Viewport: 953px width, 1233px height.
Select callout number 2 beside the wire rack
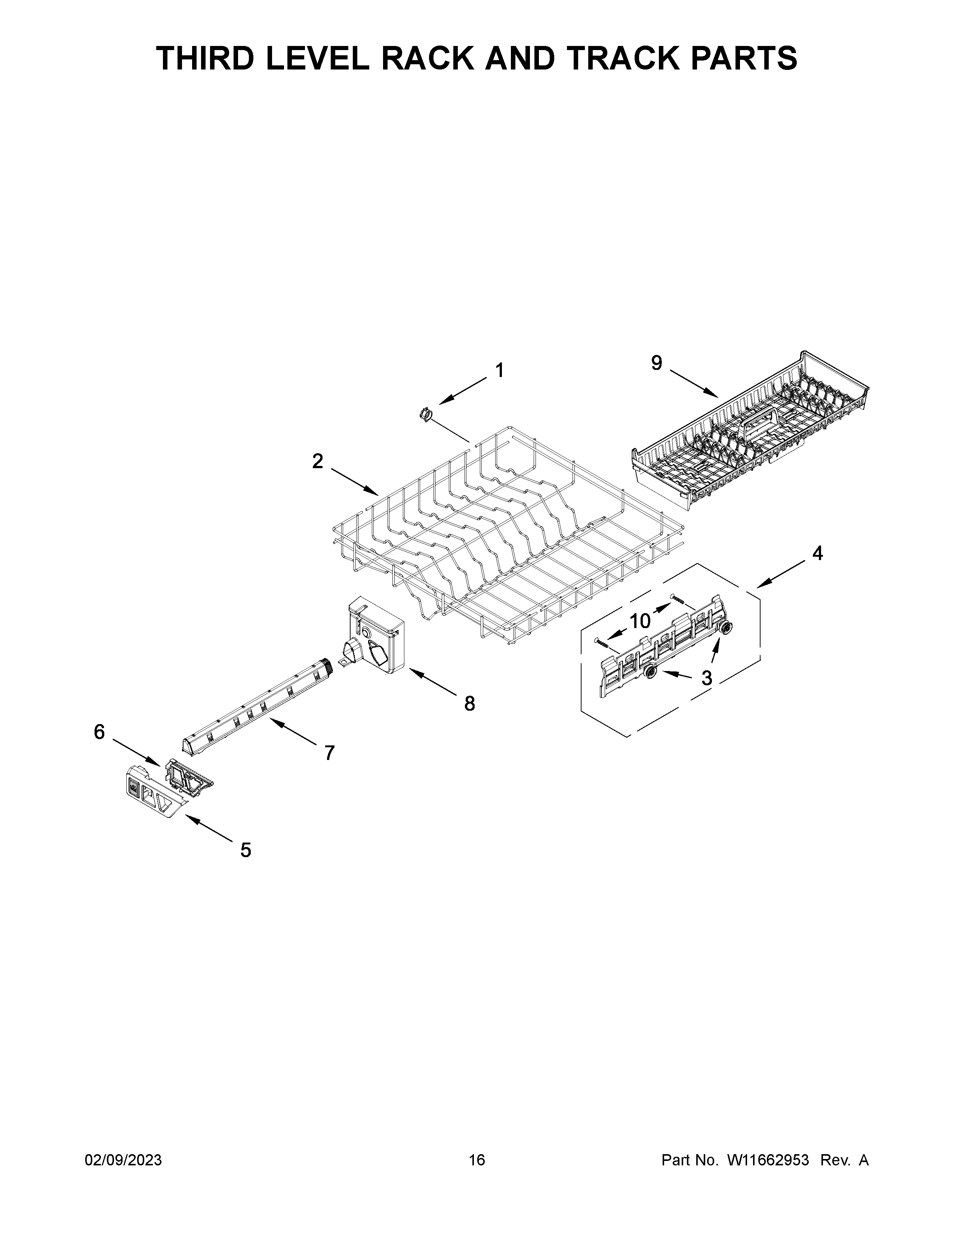[x=318, y=461]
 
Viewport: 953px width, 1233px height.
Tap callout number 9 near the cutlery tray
[x=657, y=363]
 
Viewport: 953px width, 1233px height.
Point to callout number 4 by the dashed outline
[x=817, y=553]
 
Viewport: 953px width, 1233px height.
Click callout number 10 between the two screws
[x=640, y=621]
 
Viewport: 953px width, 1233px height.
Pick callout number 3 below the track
[x=706, y=678]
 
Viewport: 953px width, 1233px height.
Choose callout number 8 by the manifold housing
[x=469, y=704]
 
